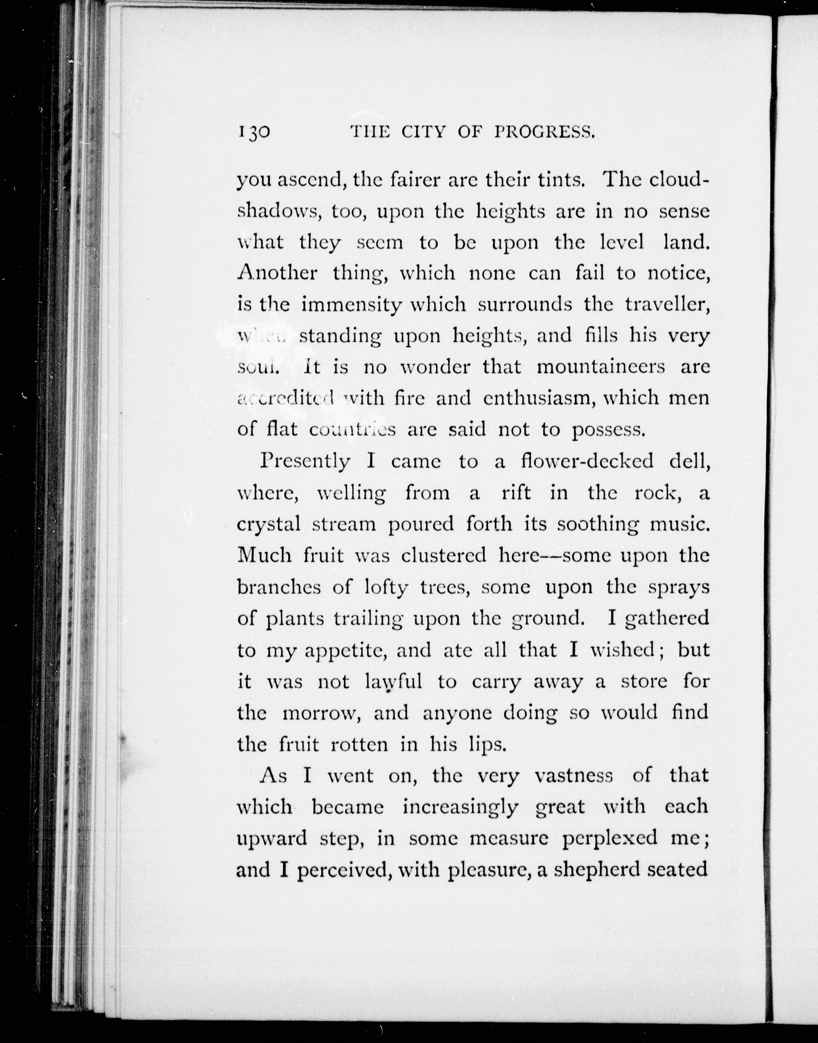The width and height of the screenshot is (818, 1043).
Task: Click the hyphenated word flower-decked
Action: (x=587, y=461)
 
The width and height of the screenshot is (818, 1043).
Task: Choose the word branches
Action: (x=278, y=587)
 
